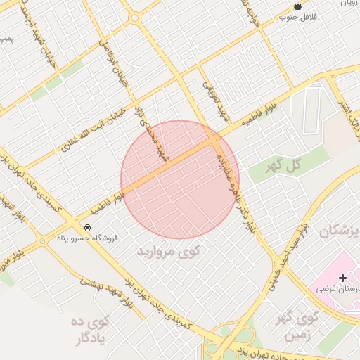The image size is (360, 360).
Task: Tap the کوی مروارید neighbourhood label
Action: tap(168, 250)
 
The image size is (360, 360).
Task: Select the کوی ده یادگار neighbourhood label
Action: tap(91, 330)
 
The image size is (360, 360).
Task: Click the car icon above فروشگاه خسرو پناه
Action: tap(87, 227)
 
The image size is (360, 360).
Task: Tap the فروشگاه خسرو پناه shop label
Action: tap(87, 238)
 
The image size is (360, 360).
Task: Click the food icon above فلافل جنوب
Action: tap(298, 6)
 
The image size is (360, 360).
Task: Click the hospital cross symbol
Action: tap(342, 278)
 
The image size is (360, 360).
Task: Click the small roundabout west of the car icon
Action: tap(43, 241)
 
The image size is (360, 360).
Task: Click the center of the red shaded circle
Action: tap(180, 179)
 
